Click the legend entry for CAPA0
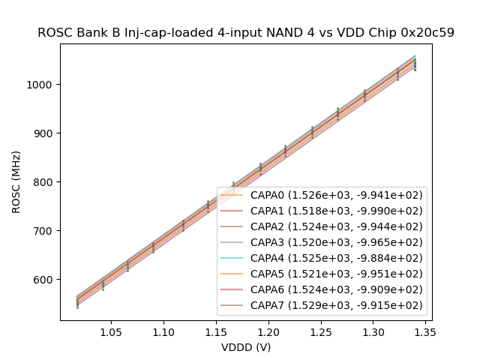pyautogui.click(x=322, y=194)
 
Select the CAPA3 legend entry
pyautogui.click(x=322, y=242)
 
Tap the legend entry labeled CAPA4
pyautogui.click(x=322, y=258)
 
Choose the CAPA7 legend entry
pyautogui.click(x=322, y=305)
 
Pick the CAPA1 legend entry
pyautogui.click(x=322, y=210)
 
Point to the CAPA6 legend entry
pyautogui.click(x=322, y=289)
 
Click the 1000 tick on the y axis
pyautogui.click(x=43, y=85)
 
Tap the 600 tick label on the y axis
pyautogui.click(x=46, y=280)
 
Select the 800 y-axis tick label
pyautogui.click(x=46, y=182)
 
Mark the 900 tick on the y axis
pyautogui.click(x=46, y=133)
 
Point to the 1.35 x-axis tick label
pyautogui.click(x=426, y=331)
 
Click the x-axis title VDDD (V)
pyautogui.click(x=246, y=347)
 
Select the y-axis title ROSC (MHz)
pyautogui.click(x=16, y=182)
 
